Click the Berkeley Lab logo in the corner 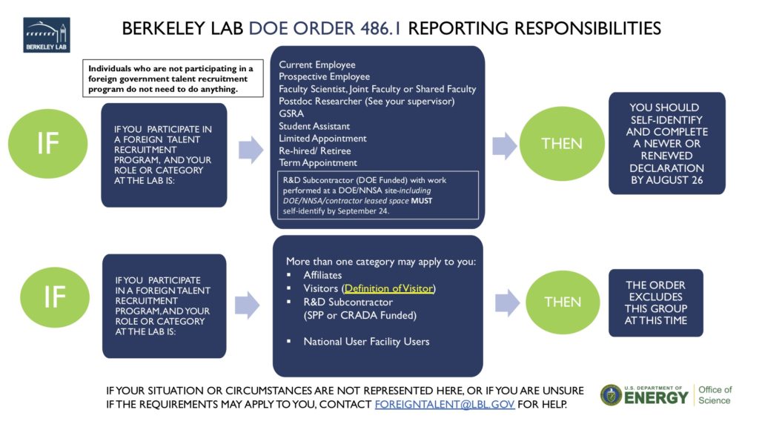coord(47,35)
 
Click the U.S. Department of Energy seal coord(611,395)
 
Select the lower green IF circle coord(54,297)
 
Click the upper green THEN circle coord(562,144)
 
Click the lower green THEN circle coord(563,302)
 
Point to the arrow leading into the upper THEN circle coord(505,145)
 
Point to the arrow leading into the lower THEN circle coord(508,302)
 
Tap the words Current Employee coord(317,65)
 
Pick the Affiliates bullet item coord(322,275)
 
